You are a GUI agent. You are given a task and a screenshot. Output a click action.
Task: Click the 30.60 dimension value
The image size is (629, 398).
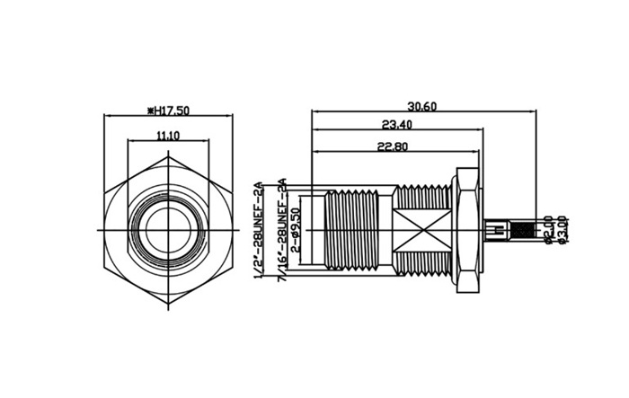pyautogui.click(x=422, y=106)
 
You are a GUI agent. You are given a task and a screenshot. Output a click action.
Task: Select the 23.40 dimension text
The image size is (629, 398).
pyautogui.click(x=396, y=124)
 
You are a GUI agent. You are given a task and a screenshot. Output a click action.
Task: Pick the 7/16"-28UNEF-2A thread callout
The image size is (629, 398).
pyautogui.click(x=282, y=230)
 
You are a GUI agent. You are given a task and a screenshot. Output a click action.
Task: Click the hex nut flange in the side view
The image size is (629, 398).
pyautogui.click(x=465, y=231)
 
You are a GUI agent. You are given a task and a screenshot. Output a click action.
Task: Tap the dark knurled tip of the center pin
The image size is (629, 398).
pyautogui.click(x=498, y=231)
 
